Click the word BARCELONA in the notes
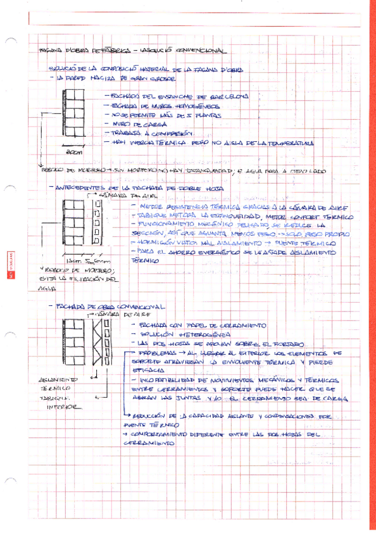point(225,96)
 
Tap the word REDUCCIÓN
point(149,417)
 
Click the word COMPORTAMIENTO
point(163,436)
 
